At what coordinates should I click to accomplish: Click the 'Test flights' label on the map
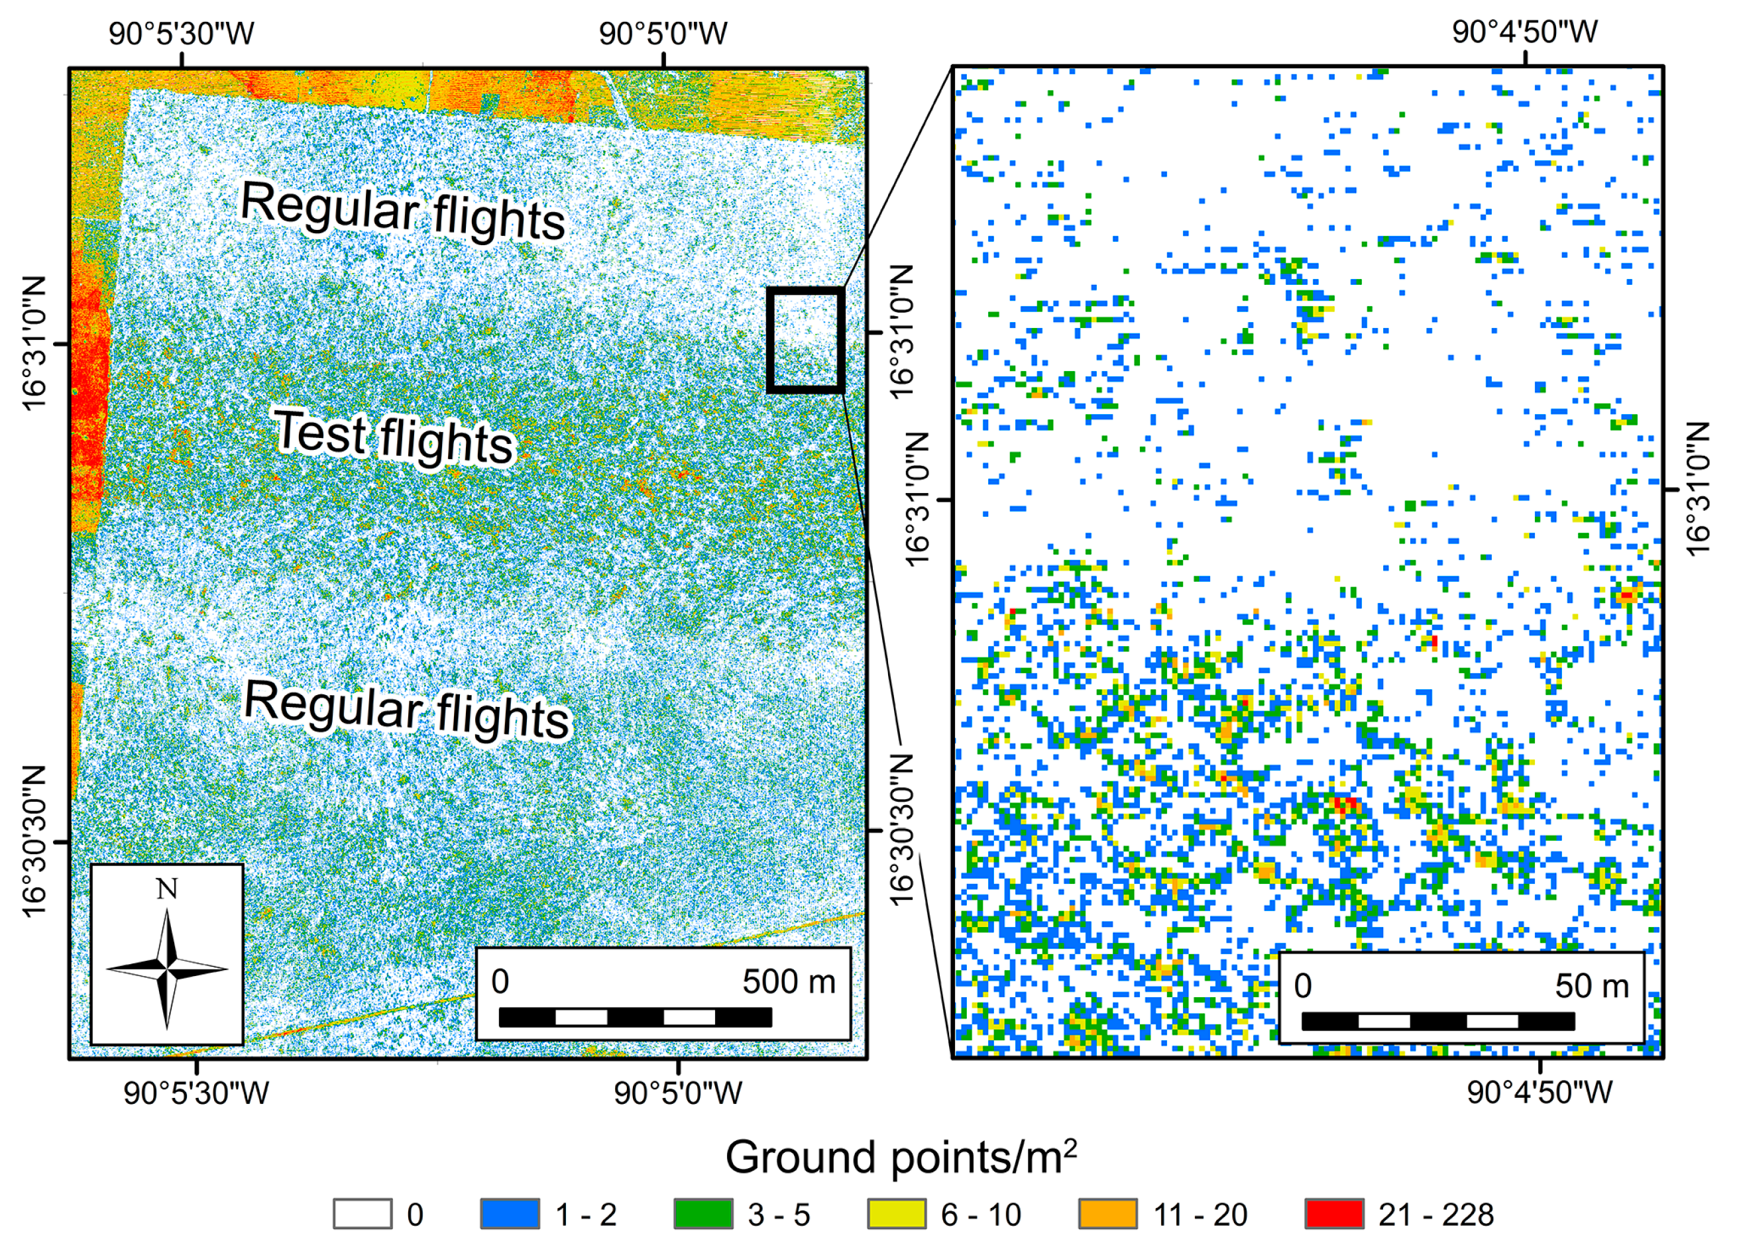click(394, 437)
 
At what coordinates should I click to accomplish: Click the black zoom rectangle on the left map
click(805, 341)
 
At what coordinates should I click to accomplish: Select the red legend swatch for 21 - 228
click(1333, 1214)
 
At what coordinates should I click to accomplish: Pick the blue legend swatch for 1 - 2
click(509, 1214)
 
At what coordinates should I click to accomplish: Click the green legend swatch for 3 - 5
click(702, 1214)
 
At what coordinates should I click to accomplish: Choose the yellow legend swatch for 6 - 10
click(895, 1214)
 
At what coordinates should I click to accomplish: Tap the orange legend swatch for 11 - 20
click(1107, 1214)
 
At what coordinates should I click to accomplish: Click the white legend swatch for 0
click(362, 1214)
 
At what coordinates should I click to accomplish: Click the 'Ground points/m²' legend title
click(900, 1157)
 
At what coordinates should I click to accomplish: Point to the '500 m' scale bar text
click(788, 982)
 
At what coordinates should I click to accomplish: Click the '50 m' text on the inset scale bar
click(1591, 987)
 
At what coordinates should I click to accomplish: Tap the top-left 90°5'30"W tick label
click(181, 34)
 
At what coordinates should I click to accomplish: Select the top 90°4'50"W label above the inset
click(1524, 32)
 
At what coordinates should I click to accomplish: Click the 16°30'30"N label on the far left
click(34, 840)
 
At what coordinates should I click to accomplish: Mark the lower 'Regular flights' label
click(406, 709)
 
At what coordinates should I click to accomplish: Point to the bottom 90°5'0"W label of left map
click(678, 1093)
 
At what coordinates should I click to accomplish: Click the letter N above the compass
click(166, 889)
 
